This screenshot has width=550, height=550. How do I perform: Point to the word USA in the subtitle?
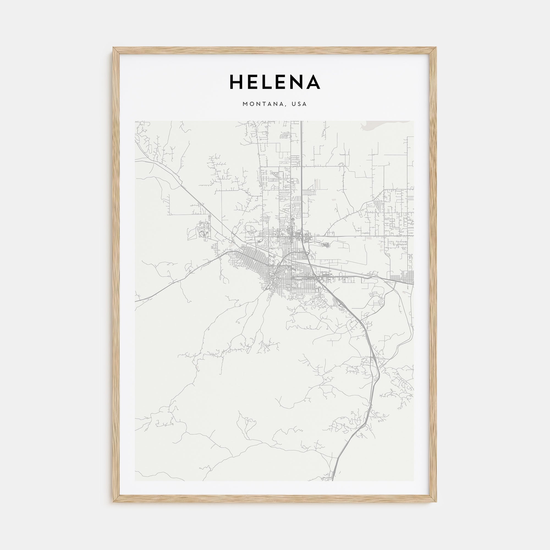pyautogui.click(x=300, y=104)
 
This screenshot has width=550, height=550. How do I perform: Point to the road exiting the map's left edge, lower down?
pyautogui.click(x=137, y=301)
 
